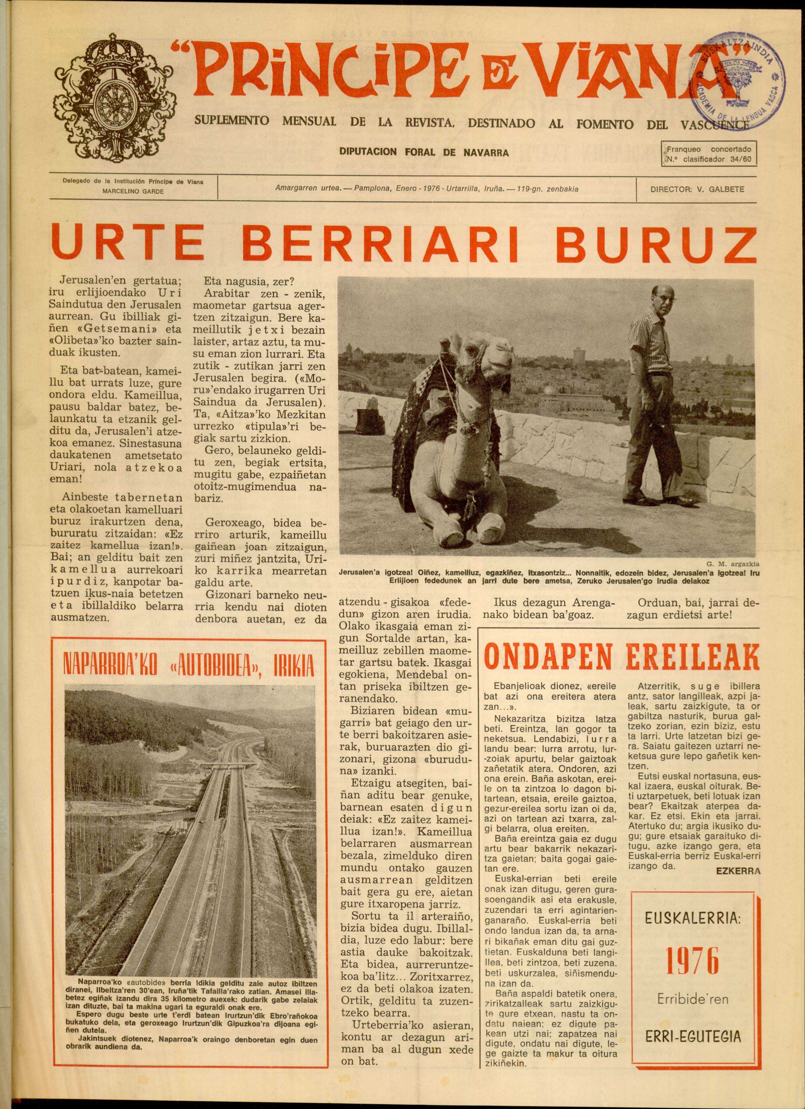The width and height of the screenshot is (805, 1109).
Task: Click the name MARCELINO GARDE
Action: [x=133, y=191]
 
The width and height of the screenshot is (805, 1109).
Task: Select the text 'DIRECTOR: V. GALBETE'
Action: [x=697, y=189]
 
